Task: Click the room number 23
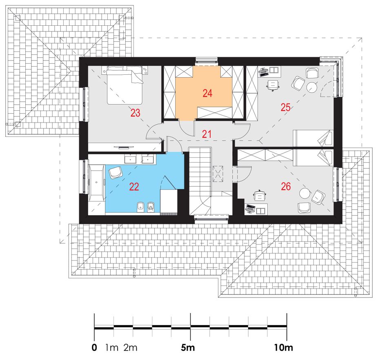[135, 113]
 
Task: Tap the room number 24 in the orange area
[207, 93]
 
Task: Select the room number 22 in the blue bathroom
[134, 187]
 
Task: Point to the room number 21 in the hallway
[207, 134]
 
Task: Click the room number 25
[285, 107]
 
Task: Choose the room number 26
[286, 186]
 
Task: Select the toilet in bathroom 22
[151, 207]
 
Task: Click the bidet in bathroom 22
[140, 207]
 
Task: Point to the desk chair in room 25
[273, 85]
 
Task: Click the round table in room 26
[304, 194]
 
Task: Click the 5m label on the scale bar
[188, 348]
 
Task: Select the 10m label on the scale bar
[283, 348]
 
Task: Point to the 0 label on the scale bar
[94, 348]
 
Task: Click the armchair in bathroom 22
[116, 172]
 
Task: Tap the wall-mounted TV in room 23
[123, 147]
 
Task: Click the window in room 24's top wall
[207, 60]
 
